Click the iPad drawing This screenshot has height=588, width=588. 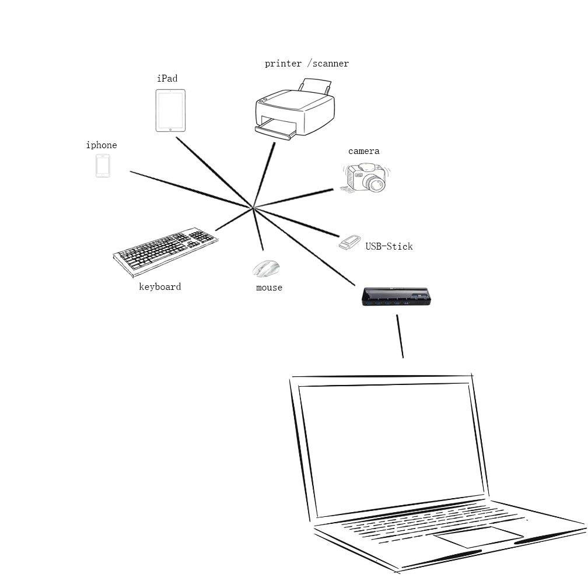coord(170,110)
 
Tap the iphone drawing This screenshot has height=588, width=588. coord(103,166)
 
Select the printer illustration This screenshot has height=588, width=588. coord(295,111)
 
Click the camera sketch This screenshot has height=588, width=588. coord(366,178)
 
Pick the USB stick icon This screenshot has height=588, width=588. coord(349,242)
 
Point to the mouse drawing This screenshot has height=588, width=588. coord(266,268)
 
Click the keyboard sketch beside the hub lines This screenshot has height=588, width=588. coord(166,251)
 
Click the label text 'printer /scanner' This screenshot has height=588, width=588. coord(307,64)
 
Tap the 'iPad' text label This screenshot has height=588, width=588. coord(167,78)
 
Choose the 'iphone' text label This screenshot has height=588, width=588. coord(101,145)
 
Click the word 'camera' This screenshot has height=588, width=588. coord(364,151)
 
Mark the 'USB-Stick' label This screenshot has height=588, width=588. coord(389,246)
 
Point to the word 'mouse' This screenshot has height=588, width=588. coord(269,288)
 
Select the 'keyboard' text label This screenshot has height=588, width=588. coord(160,286)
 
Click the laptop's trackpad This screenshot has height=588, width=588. coord(478,537)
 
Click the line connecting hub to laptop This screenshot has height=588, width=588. coord(400,337)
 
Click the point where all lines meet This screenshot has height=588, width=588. coord(253,207)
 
